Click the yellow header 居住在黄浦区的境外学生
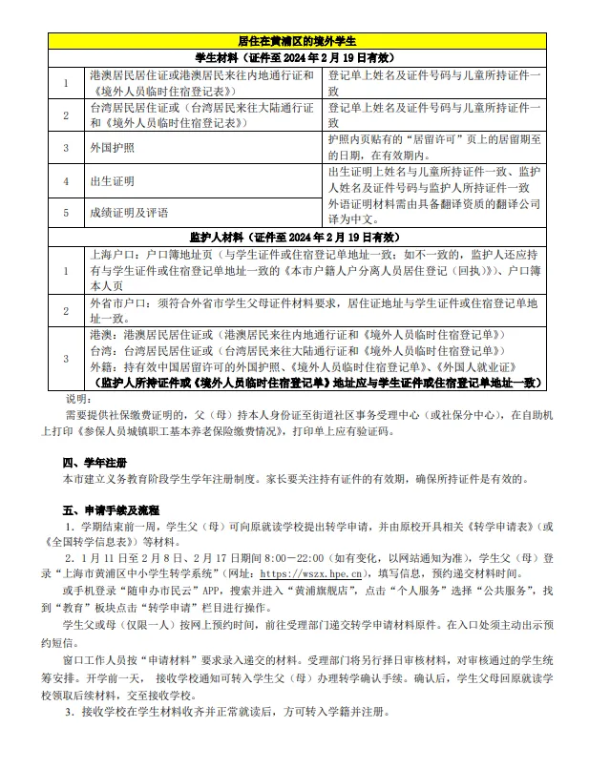tap(296, 42)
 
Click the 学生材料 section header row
tap(296, 57)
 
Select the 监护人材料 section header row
tap(296, 235)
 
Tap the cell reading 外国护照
tap(112, 148)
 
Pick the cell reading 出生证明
tap(112, 181)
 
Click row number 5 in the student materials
tap(66, 213)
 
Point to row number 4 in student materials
tap(66, 181)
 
